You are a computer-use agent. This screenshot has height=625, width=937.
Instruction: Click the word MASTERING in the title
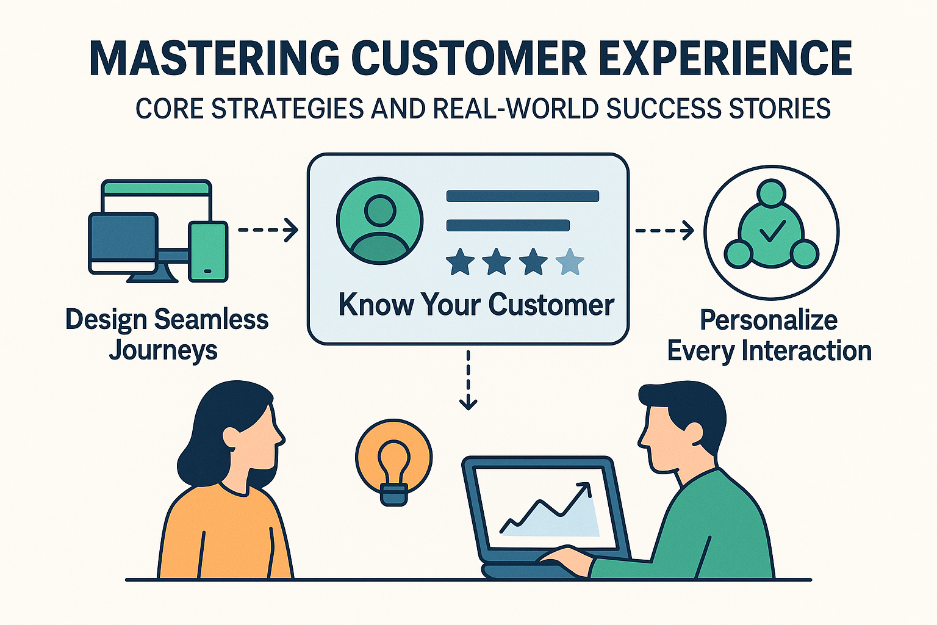(214, 59)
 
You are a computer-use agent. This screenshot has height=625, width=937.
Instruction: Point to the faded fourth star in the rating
(570, 262)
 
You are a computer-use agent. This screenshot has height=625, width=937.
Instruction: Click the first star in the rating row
(460, 262)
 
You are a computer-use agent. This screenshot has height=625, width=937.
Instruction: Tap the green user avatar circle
(379, 221)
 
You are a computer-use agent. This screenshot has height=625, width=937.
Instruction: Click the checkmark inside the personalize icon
(772, 231)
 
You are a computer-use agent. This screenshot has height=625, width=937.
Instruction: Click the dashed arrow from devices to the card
(267, 230)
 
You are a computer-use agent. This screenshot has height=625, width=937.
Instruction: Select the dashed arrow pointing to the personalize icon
(664, 231)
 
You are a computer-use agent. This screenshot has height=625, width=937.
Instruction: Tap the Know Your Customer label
(476, 305)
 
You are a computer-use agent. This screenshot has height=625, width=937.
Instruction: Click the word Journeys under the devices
(163, 351)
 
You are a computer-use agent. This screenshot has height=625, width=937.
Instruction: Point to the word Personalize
(769, 320)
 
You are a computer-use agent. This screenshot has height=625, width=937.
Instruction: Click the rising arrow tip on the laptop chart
(586, 486)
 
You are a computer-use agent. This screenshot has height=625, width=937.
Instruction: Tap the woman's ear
(231, 436)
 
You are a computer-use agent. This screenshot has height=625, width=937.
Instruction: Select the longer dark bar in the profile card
(523, 196)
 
